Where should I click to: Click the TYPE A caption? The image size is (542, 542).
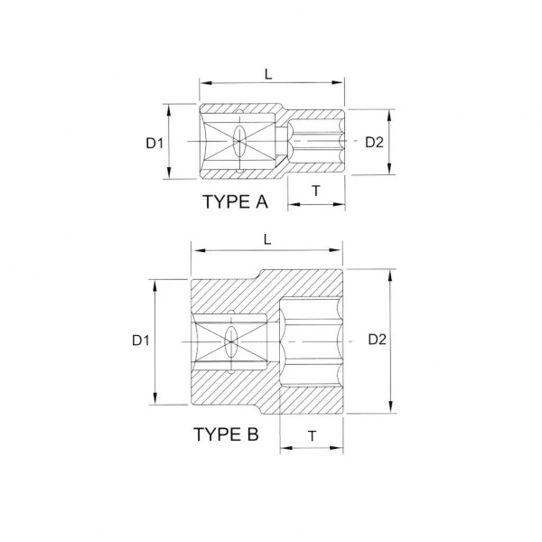coord(236,201)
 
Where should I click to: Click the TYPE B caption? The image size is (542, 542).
coord(226,435)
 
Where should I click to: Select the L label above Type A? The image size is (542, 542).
coord(268,74)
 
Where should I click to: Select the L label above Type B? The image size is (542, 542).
coord(267,239)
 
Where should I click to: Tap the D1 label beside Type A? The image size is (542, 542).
coord(154,143)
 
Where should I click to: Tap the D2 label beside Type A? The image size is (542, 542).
coord(374,142)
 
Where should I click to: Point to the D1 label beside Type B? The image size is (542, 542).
coord(141,341)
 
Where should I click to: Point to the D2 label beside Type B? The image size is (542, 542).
coord(377,340)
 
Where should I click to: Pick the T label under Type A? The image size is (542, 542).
coord(316,191)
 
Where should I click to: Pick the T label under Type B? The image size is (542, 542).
coord(313,436)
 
